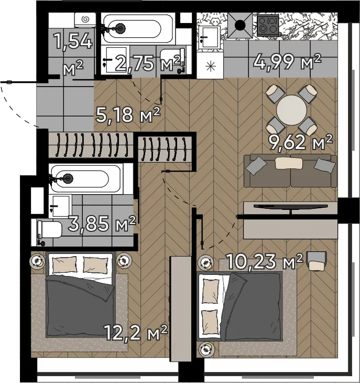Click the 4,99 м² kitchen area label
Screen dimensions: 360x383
[x=287, y=62]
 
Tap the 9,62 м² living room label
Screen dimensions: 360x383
[x=300, y=142]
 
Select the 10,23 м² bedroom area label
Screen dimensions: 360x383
[x=265, y=261]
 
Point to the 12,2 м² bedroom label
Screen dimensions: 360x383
[x=136, y=332]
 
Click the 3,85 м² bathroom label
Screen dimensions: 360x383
[x=102, y=224]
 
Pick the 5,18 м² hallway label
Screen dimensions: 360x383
[x=128, y=115]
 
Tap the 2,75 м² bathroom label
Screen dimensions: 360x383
[x=148, y=63]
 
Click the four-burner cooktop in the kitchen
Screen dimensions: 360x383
[x=268, y=25]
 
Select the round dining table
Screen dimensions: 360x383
[x=291, y=110]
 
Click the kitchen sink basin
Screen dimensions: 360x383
[x=209, y=37]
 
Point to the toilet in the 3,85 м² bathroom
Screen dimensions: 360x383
[x=50, y=230]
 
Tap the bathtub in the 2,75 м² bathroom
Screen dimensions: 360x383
[x=138, y=28]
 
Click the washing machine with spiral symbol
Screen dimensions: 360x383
[x=85, y=20]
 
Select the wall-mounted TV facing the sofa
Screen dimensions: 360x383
[x=290, y=207]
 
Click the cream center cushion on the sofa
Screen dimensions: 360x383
[x=289, y=163]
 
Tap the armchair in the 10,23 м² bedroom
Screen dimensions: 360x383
[x=317, y=261]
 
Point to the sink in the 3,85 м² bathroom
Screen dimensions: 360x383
[x=60, y=206]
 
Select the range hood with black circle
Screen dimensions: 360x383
[x=240, y=25]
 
